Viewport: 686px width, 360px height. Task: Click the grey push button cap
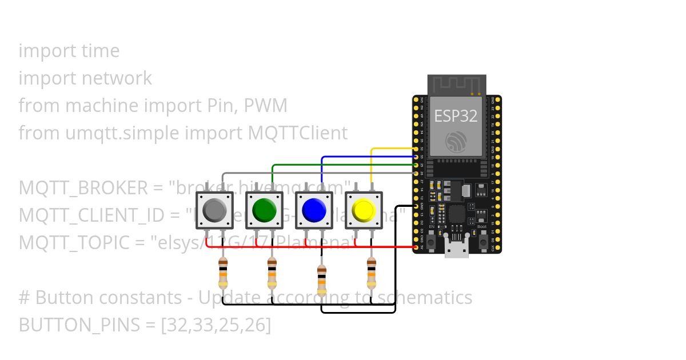click(214, 210)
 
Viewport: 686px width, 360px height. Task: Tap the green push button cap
click(264, 210)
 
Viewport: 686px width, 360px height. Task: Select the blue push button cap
click(313, 210)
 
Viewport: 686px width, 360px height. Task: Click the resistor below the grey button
click(223, 273)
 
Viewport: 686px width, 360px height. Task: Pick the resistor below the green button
click(273, 273)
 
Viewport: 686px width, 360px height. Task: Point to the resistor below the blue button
click(322, 277)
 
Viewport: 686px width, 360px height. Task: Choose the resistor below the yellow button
click(372, 273)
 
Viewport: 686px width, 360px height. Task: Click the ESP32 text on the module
click(456, 116)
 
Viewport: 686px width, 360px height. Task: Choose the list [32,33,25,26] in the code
click(216, 325)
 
